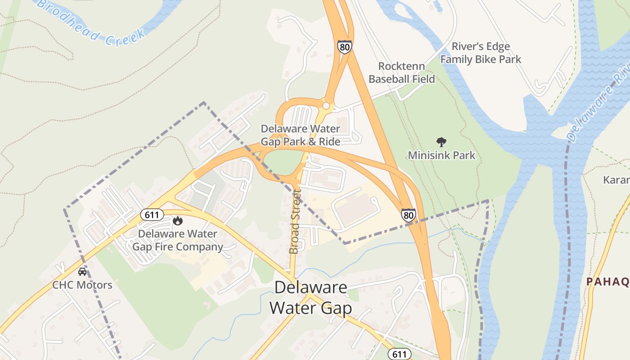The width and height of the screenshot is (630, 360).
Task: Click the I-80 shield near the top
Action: click(x=344, y=46)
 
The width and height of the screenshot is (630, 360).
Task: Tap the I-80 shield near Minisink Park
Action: click(x=409, y=215)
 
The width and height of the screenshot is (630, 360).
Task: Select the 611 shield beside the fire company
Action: click(x=152, y=215)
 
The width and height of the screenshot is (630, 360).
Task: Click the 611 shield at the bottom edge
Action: click(x=399, y=354)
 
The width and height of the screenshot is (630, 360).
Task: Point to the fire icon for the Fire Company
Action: click(x=178, y=220)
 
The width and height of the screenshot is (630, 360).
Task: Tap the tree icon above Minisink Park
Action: click(x=441, y=142)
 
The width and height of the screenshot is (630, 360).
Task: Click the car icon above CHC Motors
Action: click(x=82, y=272)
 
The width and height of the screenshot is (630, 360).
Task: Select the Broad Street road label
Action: click(x=295, y=221)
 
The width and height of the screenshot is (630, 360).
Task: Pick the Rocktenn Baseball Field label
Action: click(x=402, y=72)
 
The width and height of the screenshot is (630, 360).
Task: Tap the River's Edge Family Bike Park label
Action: click(x=481, y=53)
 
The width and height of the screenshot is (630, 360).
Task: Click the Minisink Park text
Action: click(x=441, y=156)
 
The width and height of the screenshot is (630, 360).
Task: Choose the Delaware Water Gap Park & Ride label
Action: click(x=301, y=135)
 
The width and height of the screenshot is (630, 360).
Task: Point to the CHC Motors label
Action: click(x=82, y=285)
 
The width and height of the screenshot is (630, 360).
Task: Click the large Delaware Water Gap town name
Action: click(x=310, y=297)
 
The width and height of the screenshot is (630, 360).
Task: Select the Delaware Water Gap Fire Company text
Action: click(x=177, y=240)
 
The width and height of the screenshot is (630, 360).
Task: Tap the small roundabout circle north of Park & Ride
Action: click(x=326, y=106)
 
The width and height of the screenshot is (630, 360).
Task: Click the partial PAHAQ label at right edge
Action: click(x=607, y=282)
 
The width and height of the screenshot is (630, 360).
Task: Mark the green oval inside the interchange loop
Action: click(x=282, y=162)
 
